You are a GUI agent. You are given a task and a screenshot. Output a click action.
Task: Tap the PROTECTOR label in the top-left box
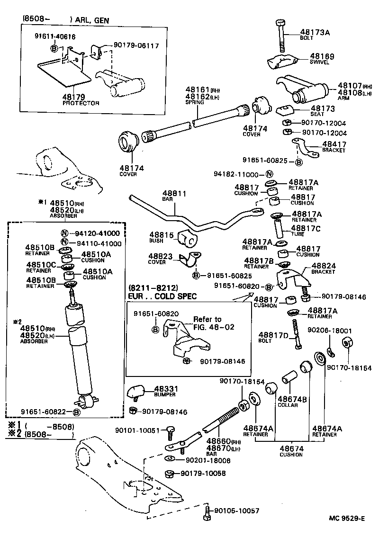pos(81,103)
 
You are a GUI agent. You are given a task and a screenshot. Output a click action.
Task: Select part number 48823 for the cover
pos(160,256)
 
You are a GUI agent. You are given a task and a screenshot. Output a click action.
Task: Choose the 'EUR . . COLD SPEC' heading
pos(162,296)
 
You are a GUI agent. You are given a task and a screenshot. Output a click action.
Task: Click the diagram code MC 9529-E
pos(346,518)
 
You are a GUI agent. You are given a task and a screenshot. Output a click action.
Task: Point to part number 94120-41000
pos(97,233)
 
